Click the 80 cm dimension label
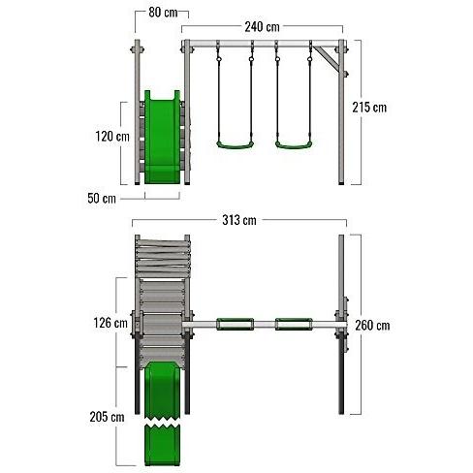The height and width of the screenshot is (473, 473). coord(163,13)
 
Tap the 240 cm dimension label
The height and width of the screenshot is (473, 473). coord(262,27)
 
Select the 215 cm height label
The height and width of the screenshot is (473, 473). coord(369,108)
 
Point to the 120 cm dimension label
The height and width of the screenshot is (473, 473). coord(112,137)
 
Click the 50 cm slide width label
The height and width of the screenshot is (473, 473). coord(102,198)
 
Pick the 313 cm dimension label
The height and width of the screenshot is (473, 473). coord(239,220)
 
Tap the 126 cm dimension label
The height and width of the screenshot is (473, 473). coord(110,323)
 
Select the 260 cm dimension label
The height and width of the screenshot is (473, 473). coord(372,326)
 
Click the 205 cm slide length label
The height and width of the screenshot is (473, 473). coord(107,417)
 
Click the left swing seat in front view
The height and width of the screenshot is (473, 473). coord(235,145)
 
